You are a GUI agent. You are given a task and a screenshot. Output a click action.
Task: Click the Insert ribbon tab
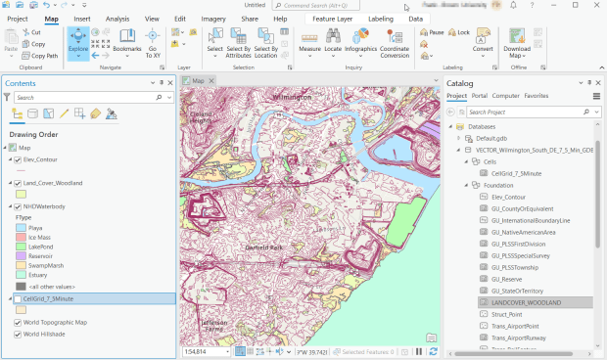point(82,19)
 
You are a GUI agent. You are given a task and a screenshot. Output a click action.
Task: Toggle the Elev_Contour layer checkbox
point(18,159)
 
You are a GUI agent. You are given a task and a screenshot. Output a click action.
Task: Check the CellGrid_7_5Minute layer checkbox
point(18,298)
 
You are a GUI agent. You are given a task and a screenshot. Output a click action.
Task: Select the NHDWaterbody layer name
point(46,206)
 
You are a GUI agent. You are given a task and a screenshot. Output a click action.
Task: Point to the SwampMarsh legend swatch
point(21,265)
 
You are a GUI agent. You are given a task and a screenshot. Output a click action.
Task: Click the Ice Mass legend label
point(38,237)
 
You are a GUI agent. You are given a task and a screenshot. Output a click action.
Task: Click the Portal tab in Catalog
point(480,96)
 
